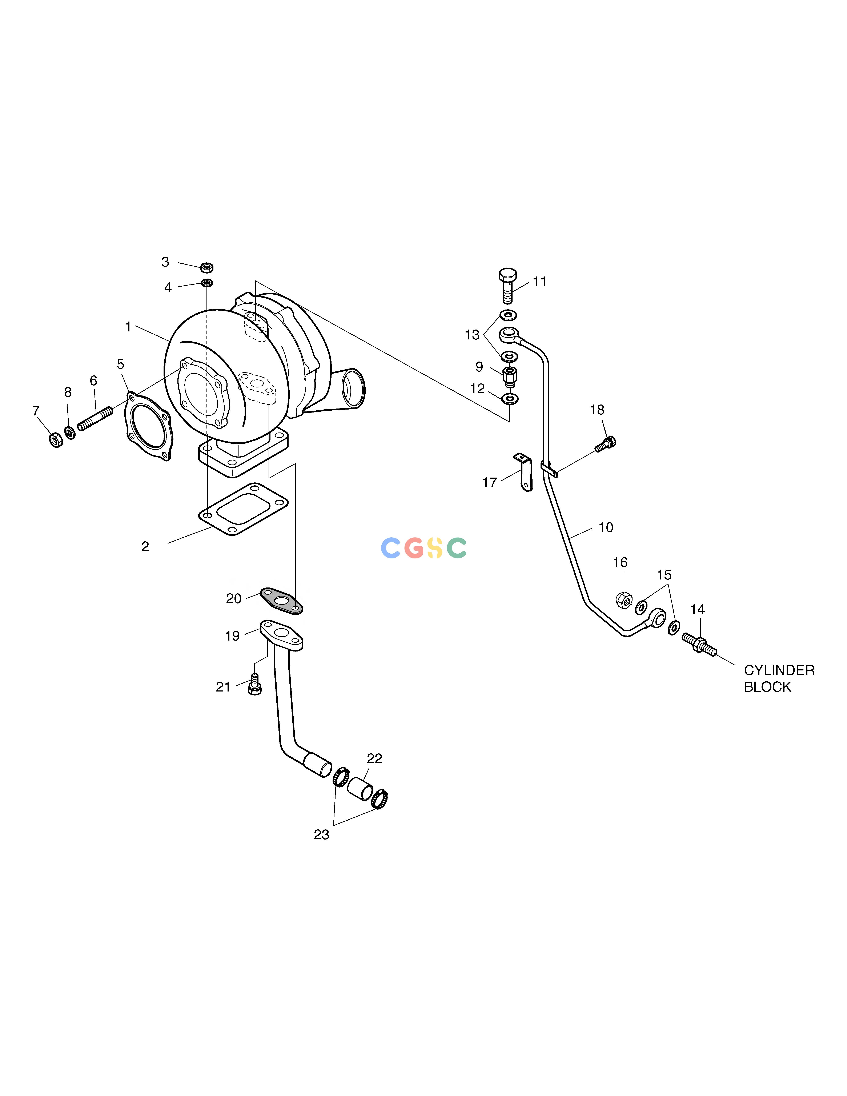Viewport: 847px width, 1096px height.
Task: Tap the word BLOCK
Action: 767,687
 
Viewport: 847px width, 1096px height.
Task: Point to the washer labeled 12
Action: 510,399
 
